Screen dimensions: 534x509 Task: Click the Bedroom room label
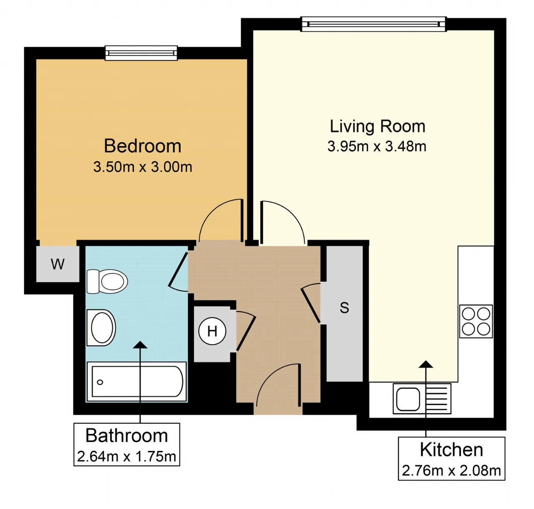tap(143, 146)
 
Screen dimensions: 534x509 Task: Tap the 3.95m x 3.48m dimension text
tap(377, 146)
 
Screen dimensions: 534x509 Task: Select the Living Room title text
tap(377, 126)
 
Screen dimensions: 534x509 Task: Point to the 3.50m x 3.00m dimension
tap(143, 167)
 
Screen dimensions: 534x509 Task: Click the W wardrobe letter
tap(58, 264)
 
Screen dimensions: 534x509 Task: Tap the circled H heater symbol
tap(212, 331)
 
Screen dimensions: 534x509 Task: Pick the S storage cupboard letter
tap(345, 308)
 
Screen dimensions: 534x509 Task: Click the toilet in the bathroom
tap(107, 281)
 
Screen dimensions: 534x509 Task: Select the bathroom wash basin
tap(101, 328)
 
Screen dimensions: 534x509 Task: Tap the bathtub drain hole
tap(100, 383)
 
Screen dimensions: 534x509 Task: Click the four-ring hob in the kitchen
tap(476, 322)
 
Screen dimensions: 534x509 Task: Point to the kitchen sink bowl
tap(408, 399)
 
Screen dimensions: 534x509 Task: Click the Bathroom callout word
tap(126, 436)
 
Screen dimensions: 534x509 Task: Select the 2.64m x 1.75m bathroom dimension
tap(126, 456)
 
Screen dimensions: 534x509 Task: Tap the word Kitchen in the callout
tap(451, 450)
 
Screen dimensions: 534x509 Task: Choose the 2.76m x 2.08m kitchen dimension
tap(451, 471)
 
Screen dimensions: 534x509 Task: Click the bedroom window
tap(141, 53)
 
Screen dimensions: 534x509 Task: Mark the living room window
tap(373, 24)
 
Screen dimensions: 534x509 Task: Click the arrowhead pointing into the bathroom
tap(140, 345)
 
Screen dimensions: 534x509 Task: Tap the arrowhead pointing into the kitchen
tap(426, 364)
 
